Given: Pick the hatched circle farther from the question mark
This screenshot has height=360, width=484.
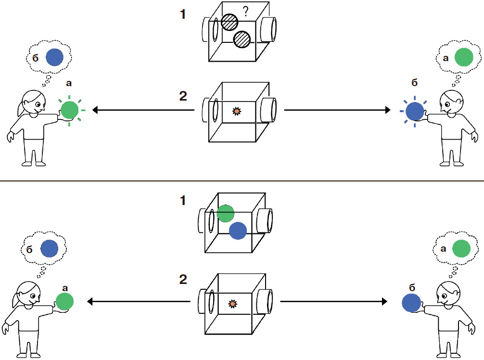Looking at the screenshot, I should click(x=242, y=39).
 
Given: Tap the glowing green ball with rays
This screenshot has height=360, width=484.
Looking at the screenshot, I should click(x=70, y=110).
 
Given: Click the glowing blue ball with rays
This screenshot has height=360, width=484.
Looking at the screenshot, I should click(x=415, y=111).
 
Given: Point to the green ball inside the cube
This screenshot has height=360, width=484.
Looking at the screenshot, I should click(x=225, y=213).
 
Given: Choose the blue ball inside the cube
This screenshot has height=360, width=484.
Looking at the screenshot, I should click(x=238, y=231).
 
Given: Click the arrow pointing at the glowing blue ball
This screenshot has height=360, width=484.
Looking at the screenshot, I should click(x=337, y=111).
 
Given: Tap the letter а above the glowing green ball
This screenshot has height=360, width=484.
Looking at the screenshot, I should click(x=68, y=83).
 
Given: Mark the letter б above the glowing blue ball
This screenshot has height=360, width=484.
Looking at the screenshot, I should click(x=415, y=83).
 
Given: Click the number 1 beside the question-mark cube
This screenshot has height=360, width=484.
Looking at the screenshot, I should click(x=182, y=15).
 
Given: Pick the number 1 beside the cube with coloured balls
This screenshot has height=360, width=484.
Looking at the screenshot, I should click(x=182, y=201).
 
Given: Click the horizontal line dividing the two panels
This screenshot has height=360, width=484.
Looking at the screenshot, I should click(x=242, y=180).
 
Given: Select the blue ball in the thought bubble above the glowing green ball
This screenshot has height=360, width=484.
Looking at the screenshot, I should click(x=54, y=57).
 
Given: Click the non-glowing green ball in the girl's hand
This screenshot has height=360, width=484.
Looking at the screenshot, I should click(x=64, y=301).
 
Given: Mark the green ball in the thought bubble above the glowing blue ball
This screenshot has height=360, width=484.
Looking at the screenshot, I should click(x=464, y=57).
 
